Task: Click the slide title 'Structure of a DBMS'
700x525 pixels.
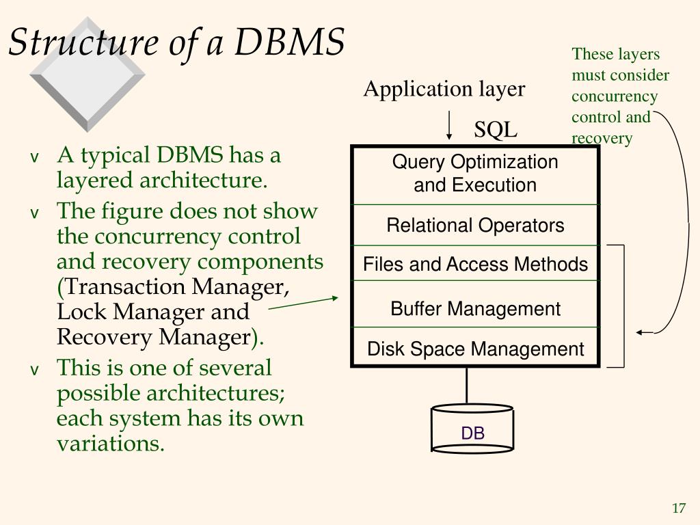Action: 176,42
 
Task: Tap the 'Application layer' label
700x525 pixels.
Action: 444,89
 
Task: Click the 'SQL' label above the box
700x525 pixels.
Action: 496,130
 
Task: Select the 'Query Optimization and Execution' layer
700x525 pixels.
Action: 475,174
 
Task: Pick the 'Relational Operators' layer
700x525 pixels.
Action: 475,225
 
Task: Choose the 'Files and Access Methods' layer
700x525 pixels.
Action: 475,264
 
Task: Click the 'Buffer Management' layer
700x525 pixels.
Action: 475,308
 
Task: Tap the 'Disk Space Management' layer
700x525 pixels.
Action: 475,349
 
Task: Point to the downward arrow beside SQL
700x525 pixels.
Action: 449,125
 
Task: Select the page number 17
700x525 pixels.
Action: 678,508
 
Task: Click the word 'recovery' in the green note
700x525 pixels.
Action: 602,139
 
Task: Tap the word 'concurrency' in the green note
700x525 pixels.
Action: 614,96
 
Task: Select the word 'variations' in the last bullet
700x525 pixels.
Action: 110,444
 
